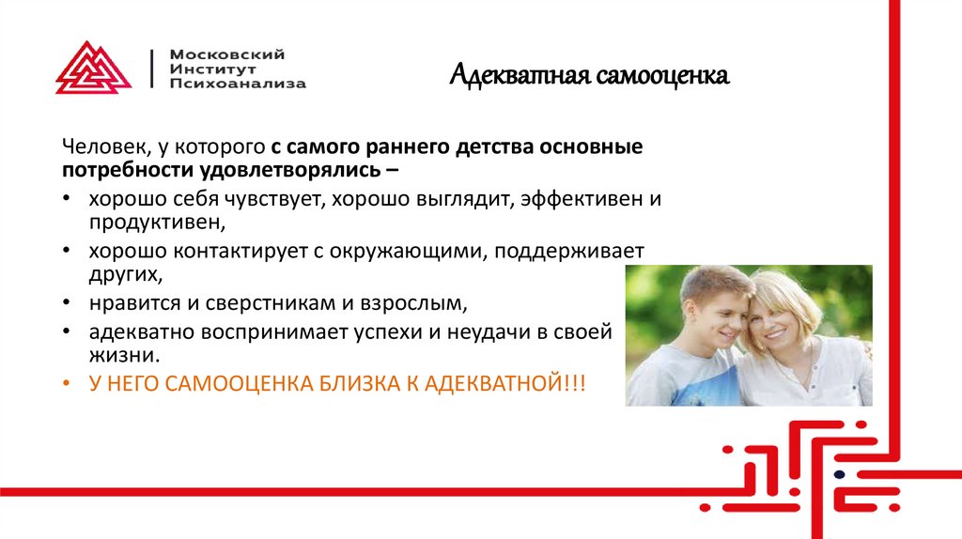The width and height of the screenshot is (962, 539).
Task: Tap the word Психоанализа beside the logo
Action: [238, 84]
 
